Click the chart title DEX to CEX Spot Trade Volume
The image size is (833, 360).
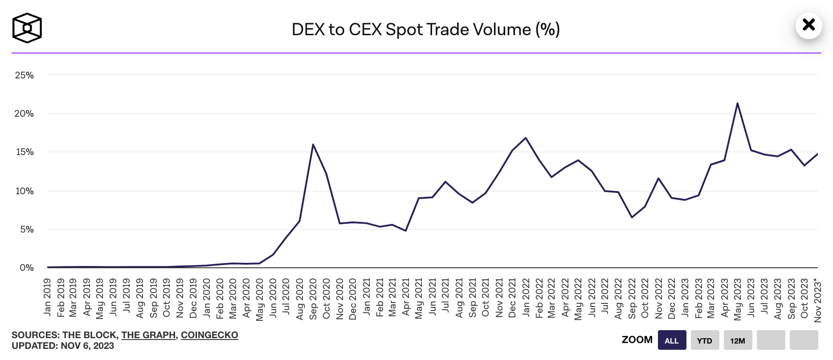pos(425,29)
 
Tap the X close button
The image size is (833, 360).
pos(808,25)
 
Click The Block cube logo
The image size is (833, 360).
pos(27,28)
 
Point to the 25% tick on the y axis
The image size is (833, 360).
pos(24,75)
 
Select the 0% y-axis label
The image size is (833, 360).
pos(27,268)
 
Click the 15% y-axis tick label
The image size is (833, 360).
pos(24,152)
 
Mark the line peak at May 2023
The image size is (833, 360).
pos(737,103)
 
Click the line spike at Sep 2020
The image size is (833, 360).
pos(313,144)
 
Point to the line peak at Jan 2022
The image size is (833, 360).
pos(526,138)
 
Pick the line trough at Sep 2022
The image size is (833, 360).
pos(632,217)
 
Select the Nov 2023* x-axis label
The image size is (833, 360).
pos(817,299)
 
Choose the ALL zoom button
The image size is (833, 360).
pos(672,340)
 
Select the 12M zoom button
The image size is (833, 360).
pos(738,340)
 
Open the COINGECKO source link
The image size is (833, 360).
pos(209,335)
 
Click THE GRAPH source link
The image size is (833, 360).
pos(148,335)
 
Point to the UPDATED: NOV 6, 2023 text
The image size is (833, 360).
pos(63,346)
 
